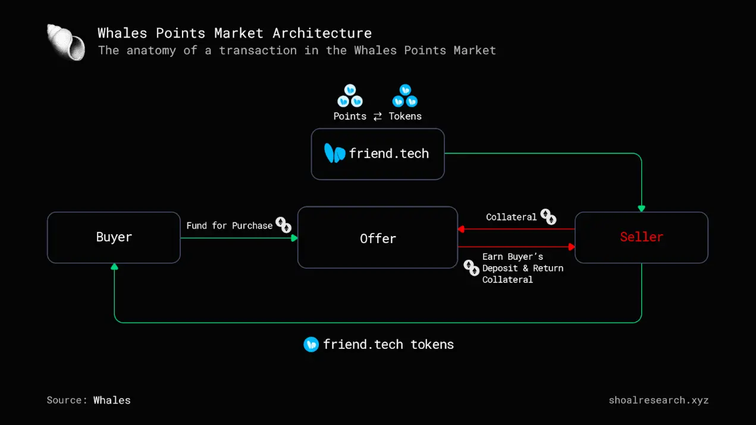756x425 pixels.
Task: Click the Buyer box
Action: pos(114,237)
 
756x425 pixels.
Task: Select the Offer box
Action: pos(378,238)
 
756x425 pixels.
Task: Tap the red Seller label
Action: pos(641,237)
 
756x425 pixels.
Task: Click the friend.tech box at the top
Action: pos(378,153)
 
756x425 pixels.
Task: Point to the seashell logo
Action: pos(65,42)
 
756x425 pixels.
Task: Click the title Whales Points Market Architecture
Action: pos(234,33)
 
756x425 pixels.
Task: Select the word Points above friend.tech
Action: pos(350,116)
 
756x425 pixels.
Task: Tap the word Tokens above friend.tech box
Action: pos(405,116)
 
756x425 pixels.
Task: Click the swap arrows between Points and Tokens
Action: pos(378,117)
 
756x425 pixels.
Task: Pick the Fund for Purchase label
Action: pos(229,225)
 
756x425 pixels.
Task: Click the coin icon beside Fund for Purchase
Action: pos(284,225)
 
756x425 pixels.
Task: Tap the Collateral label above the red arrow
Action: pos(511,217)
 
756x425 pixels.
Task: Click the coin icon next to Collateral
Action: pos(548,217)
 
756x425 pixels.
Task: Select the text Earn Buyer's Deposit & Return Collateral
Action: pos(522,268)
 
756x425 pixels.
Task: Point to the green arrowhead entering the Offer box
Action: pos(294,238)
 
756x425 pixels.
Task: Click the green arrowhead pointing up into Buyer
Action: pos(114,267)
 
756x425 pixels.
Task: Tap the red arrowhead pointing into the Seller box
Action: pos(572,247)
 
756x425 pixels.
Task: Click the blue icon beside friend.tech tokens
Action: pos(311,344)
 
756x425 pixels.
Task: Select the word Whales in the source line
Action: pos(112,400)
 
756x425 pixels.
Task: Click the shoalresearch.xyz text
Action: pos(658,400)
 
